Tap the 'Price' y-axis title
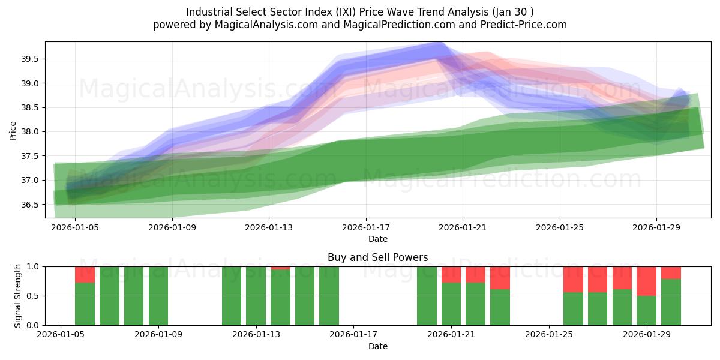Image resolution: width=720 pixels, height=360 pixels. (13, 130)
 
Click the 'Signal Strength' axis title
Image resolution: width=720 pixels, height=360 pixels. (18, 296)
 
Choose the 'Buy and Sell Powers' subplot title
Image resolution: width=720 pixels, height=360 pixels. (377, 257)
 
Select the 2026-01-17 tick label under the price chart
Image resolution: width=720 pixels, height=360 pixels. (366, 228)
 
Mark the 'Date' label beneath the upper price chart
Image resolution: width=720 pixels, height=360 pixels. (377, 239)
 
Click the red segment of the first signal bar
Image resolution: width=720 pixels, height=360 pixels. (85, 274)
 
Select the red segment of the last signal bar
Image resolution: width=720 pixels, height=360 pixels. (671, 272)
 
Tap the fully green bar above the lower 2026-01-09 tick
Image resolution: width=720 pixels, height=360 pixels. (158, 296)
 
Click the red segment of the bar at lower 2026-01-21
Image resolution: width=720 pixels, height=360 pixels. (451, 274)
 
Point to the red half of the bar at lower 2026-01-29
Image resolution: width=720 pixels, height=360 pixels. (646, 281)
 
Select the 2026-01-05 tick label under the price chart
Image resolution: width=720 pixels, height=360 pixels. (75, 228)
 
